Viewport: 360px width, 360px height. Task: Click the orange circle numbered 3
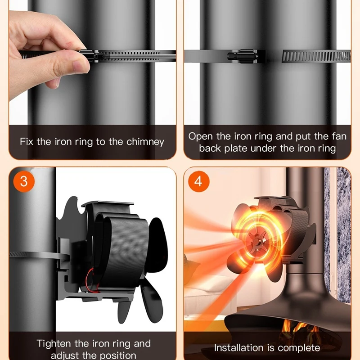[x=24, y=181]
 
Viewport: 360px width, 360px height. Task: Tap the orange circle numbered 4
[x=199, y=181]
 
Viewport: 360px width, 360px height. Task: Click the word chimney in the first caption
[x=145, y=142]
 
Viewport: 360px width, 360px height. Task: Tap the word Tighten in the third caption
[x=54, y=344]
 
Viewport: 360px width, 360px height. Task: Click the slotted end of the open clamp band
[x=316, y=56]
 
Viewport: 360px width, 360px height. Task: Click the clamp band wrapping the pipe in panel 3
[x=39, y=255]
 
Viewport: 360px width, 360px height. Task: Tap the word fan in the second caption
[x=339, y=136]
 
